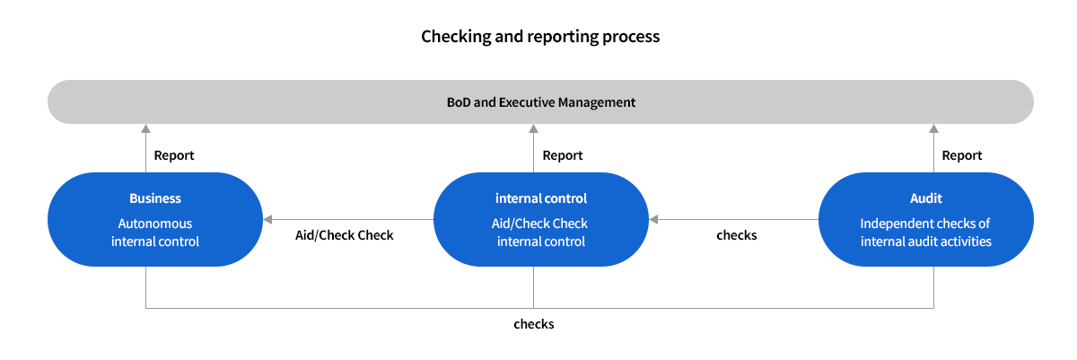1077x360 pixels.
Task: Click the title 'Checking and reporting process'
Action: (540, 37)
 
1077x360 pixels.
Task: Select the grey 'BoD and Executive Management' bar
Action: (540, 102)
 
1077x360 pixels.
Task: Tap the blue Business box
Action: (154, 220)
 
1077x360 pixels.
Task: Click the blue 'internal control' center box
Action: (541, 220)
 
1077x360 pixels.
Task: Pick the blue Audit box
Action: (925, 220)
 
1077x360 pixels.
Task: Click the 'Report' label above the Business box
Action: (174, 155)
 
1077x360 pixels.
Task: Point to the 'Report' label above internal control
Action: (563, 155)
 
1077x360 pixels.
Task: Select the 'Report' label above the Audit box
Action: (962, 155)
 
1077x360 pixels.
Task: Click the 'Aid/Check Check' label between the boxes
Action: (345, 235)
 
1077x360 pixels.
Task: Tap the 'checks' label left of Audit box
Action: (736, 235)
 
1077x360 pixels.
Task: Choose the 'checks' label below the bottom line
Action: (533, 324)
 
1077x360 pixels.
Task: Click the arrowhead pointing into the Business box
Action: (267, 219)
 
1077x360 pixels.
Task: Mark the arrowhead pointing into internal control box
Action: (654, 219)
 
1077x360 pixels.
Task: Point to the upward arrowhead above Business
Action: (145, 129)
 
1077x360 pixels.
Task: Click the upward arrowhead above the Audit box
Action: (934, 129)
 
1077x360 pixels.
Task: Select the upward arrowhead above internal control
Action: (534, 129)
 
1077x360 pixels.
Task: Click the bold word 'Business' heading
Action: (155, 198)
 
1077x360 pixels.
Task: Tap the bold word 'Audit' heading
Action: (925, 198)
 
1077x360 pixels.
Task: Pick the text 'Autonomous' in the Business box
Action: (155, 224)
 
